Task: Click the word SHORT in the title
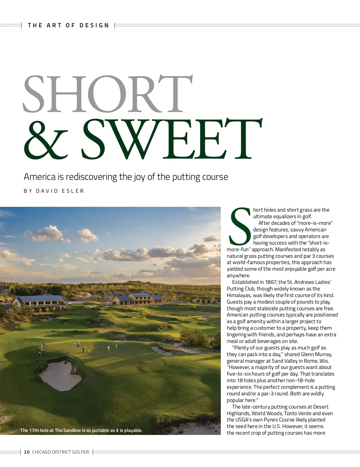click(107, 94)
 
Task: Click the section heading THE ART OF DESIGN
click(68, 25)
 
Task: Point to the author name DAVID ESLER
click(60, 191)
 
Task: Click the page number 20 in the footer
click(27, 452)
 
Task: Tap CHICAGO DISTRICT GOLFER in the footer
click(60, 452)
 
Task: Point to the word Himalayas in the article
click(239, 295)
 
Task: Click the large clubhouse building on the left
click(40, 303)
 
